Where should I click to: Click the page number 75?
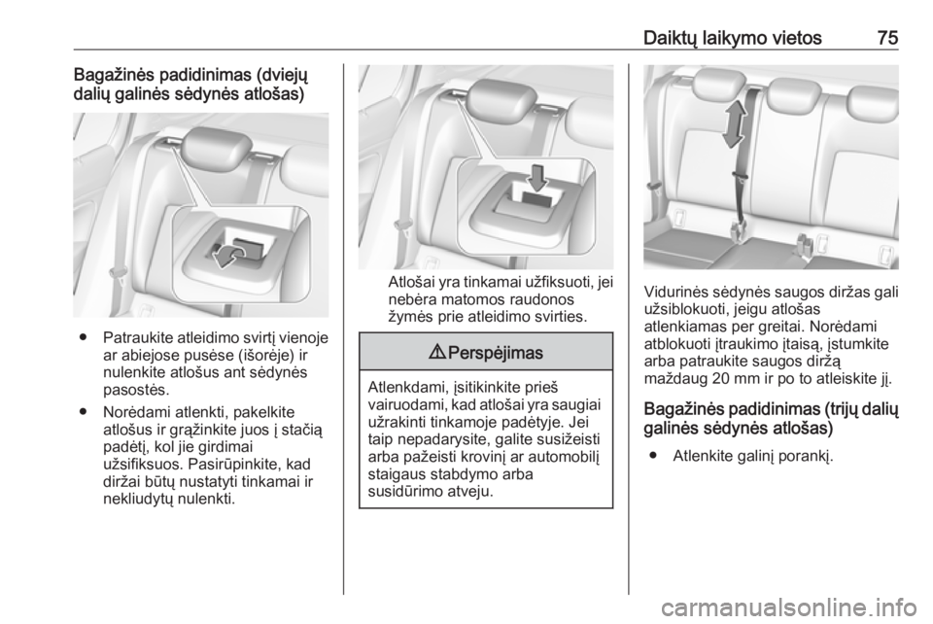[x=887, y=38]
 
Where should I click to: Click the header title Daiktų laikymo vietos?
[x=732, y=38]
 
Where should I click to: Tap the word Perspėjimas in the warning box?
[x=495, y=353]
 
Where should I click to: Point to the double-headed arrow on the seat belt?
[x=734, y=123]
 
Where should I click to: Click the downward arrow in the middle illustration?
[x=537, y=178]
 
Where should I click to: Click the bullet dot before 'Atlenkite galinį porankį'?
[x=654, y=456]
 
